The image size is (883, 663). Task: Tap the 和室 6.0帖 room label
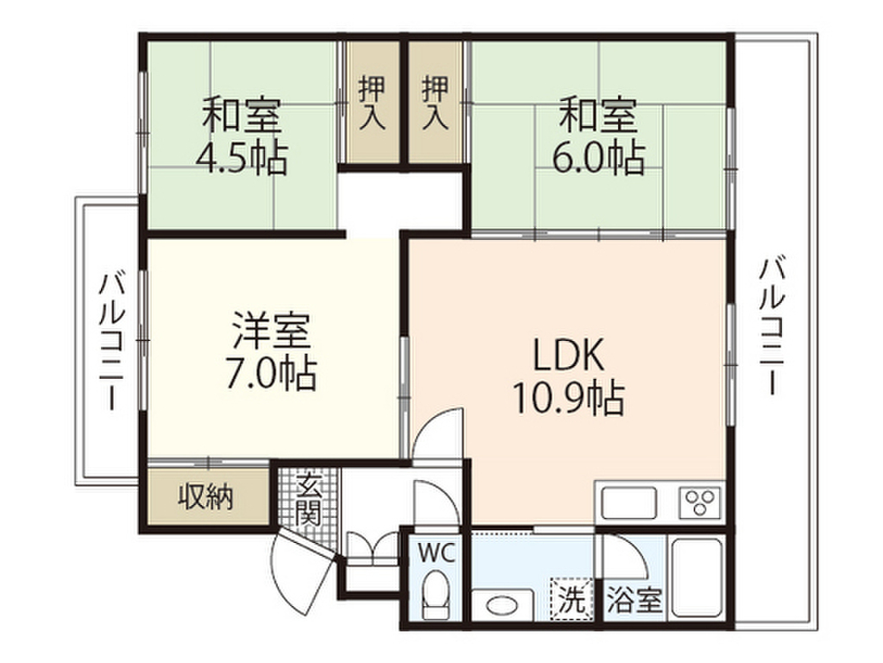click(x=598, y=136)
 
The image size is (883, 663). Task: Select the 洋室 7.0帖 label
click(x=272, y=353)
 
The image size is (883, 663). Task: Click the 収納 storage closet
click(x=206, y=498)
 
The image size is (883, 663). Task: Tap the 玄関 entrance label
click(x=308, y=501)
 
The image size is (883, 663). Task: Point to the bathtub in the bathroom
click(x=697, y=578)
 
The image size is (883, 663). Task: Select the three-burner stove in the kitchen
click(x=699, y=502)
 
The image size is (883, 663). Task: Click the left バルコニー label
click(x=110, y=340)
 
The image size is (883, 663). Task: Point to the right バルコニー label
click(x=770, y=324)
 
